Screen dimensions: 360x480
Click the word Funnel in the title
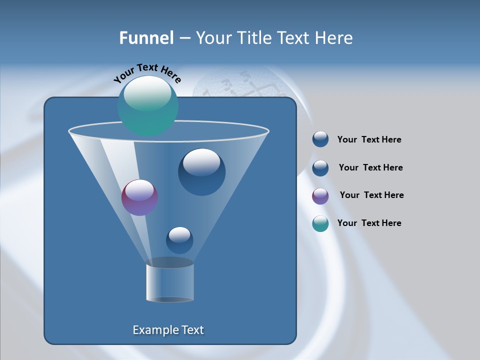tap(146, 38)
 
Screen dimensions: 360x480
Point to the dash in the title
tap(184, 38)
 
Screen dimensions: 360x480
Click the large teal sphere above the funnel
tap(147, 106)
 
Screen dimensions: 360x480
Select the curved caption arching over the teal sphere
tap(147, 73)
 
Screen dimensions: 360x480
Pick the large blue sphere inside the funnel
tap(201, 171)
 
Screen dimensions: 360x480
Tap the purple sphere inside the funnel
tap(139, 197)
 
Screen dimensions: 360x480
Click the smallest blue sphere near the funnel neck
tap(179, 240)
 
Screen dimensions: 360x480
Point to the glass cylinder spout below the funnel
tap(170, 283)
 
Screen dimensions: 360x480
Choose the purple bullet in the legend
tap(320, 196)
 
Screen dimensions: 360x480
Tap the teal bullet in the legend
tap(320, 223)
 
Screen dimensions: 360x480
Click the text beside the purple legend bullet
tap(371, 195)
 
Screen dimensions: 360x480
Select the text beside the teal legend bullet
tap(369, 223)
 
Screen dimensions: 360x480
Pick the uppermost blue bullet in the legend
tap(320, 139)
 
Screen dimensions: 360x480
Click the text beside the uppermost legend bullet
tap(369, 140)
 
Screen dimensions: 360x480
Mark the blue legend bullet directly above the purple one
tap(320, 168)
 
